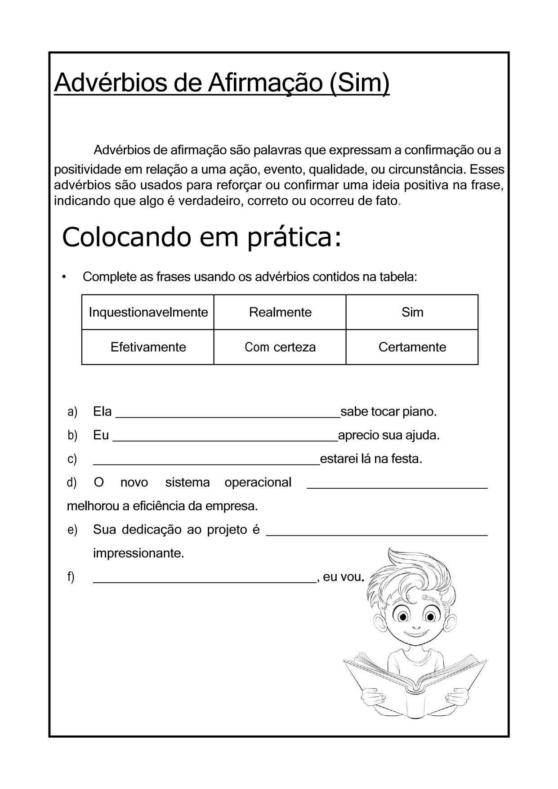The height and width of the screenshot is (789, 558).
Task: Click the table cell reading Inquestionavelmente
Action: [148, 312]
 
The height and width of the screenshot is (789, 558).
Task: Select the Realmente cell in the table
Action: [280, 312]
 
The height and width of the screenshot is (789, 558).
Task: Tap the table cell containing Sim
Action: [412, 312]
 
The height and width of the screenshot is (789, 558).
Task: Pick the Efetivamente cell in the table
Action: [148, 347]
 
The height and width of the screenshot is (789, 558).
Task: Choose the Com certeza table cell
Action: [280, 347]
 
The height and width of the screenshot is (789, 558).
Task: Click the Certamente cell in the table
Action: [412, 347]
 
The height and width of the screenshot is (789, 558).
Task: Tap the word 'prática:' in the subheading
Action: [295, 237]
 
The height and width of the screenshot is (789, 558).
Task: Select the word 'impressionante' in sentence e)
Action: [138, 553]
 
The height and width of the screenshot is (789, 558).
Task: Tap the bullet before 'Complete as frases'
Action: [65, 276]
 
